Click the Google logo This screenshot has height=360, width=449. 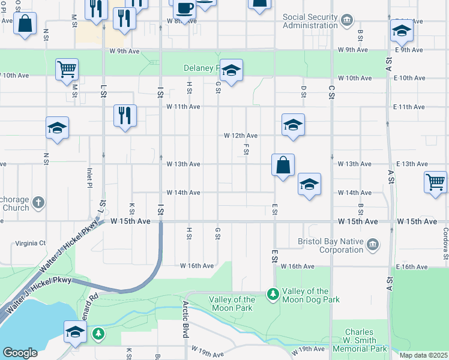(x=20, y=353)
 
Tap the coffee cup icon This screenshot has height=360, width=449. (x=184, y=8)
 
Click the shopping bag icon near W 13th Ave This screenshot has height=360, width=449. (x=283, y=164)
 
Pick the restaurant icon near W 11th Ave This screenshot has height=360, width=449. (x=125, y=115)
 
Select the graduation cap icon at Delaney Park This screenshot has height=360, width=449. (x=231, y=71)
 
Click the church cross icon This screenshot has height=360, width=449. (x=38, y=202)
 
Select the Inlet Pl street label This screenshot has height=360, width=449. (x=90, y=177)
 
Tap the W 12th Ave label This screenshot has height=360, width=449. (x=241, y=136)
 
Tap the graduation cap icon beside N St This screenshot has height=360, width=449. (x=57, y=128)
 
